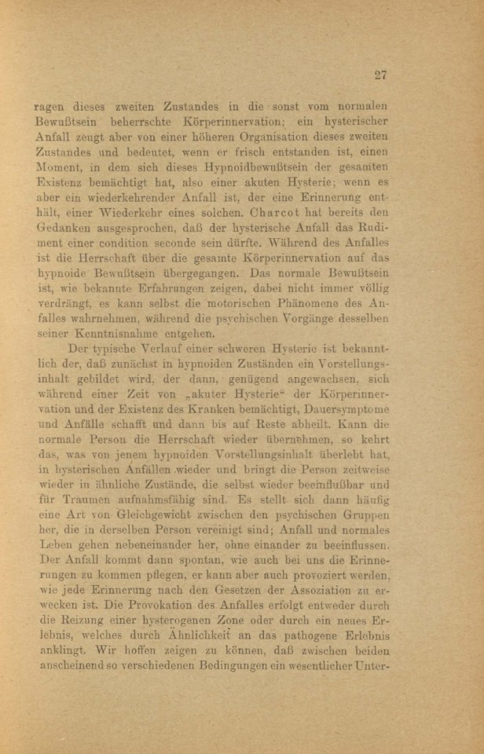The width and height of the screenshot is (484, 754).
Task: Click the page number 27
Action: pyautogui.click(x=381, y=75)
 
